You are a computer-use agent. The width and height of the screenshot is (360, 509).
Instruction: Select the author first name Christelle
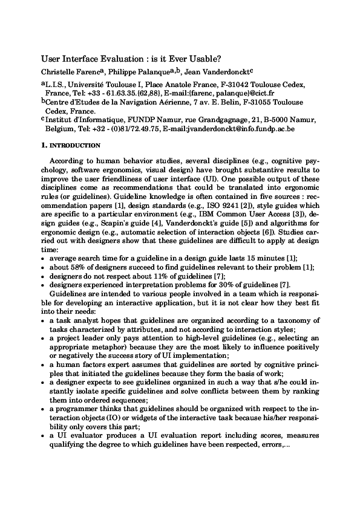pyautogui.click(x=59, y=71)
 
